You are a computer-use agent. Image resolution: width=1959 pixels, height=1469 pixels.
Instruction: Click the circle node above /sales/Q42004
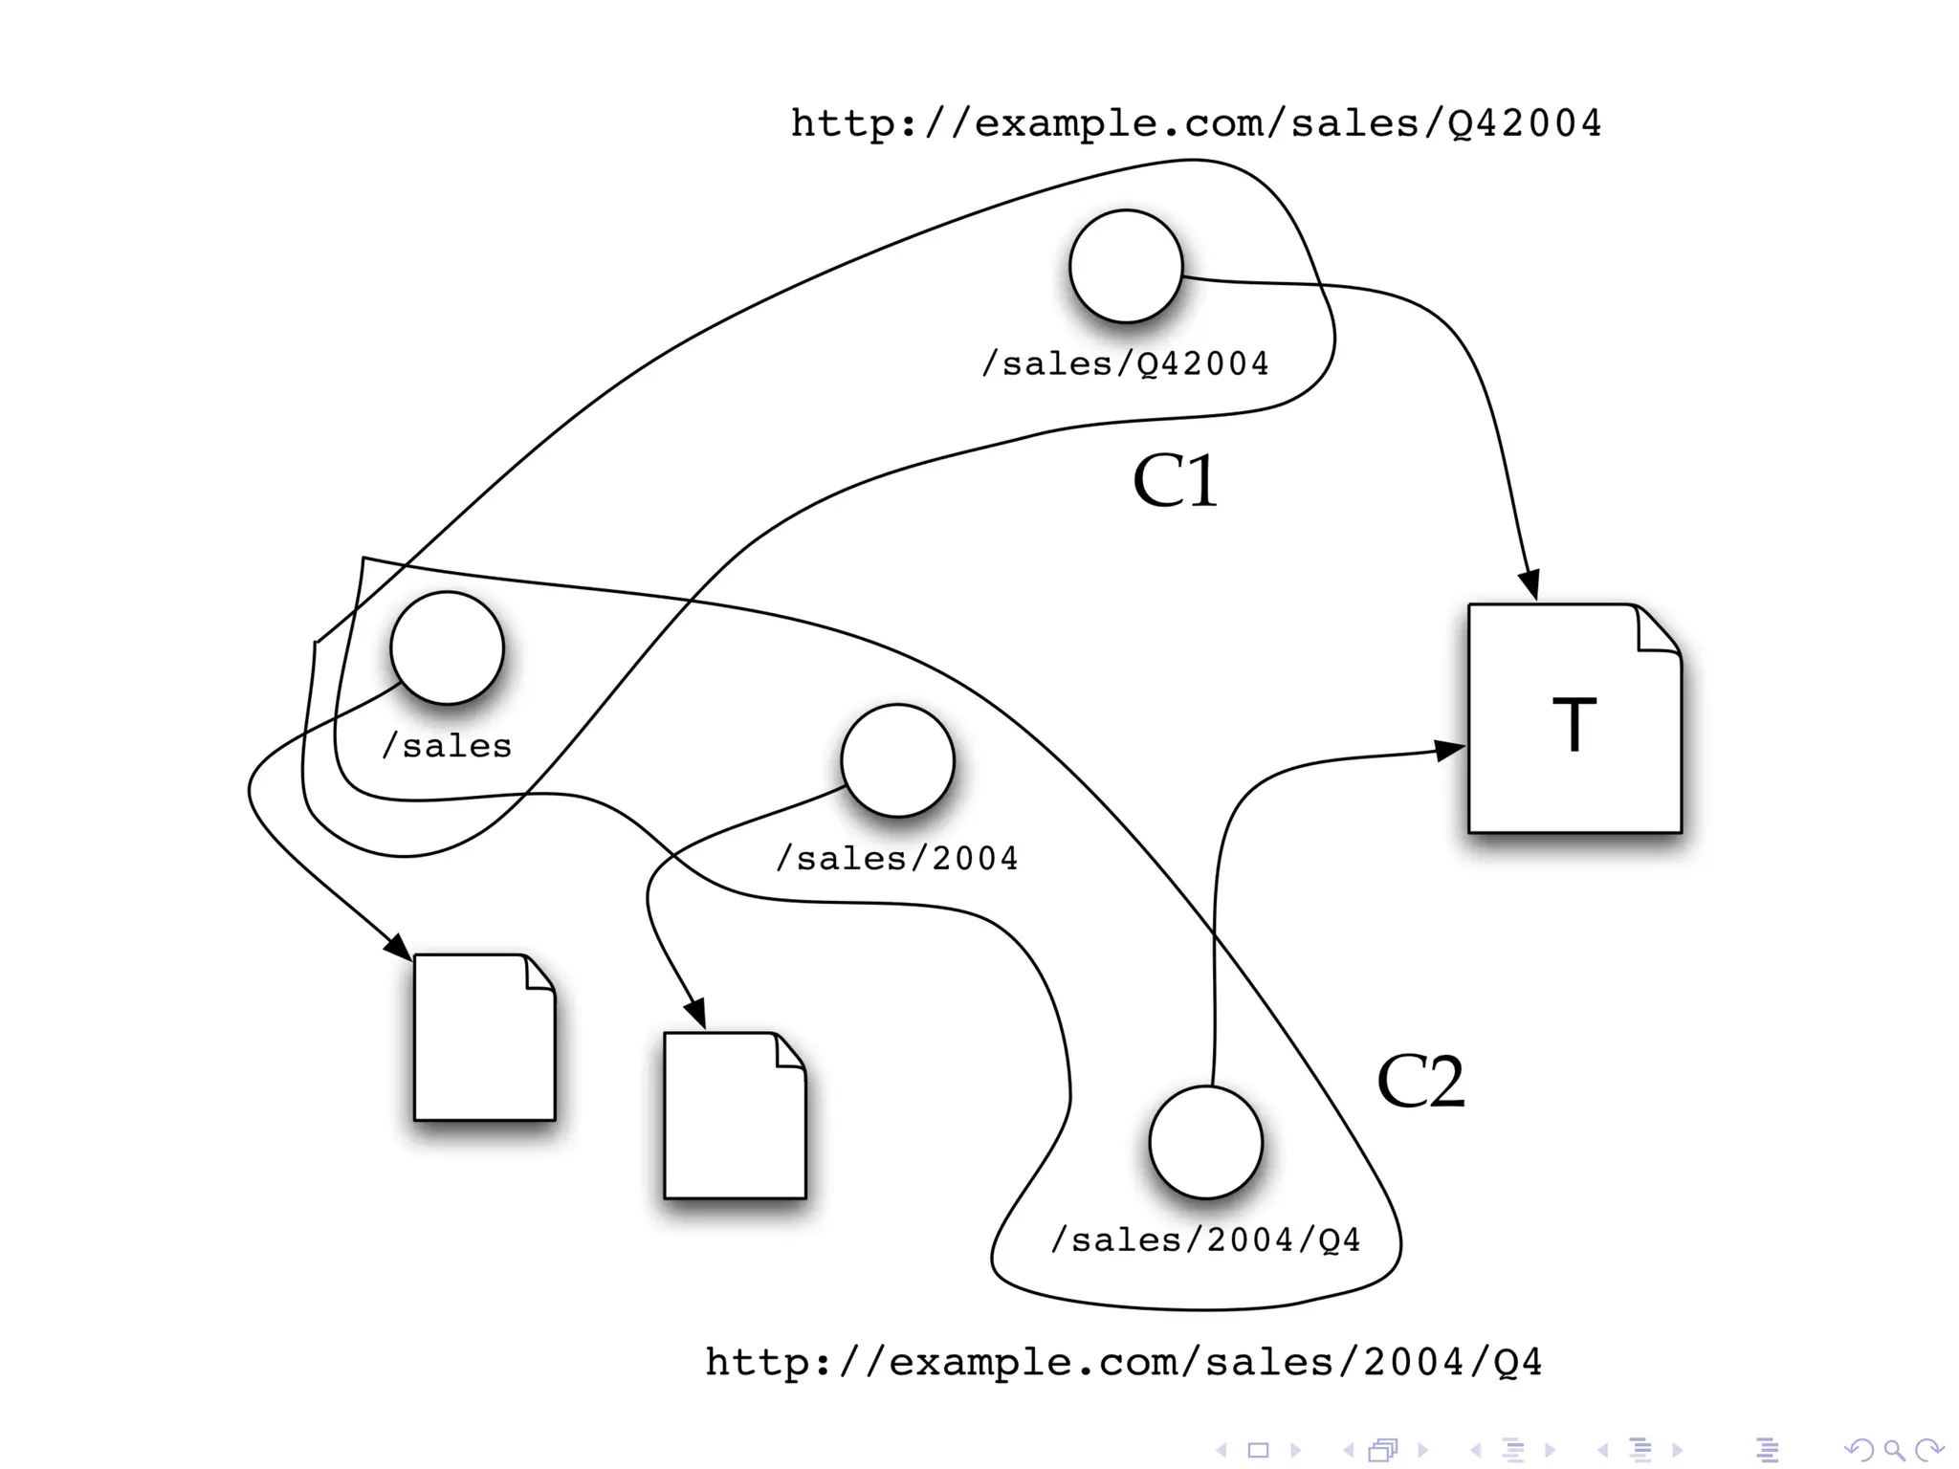[1126, 267]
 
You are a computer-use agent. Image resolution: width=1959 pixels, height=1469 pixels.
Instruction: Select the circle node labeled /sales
[447, 647]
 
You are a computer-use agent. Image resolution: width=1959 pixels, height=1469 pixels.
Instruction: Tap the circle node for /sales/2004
[897, 760]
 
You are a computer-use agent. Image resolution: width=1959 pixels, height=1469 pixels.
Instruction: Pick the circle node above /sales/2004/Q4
[1205, 1142]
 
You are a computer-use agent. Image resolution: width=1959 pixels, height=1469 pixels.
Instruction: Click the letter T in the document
[1574, 724]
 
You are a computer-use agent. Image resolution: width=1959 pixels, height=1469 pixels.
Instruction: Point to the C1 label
[1175, 481]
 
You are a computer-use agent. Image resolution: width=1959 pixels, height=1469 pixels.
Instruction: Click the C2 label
[1420, 1082]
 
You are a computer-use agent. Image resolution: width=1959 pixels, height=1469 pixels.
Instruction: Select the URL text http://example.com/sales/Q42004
[1196, 123]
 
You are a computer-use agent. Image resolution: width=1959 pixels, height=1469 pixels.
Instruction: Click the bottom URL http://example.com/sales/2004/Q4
[1124, 1362]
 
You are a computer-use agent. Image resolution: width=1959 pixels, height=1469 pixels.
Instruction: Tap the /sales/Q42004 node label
[1126, 364]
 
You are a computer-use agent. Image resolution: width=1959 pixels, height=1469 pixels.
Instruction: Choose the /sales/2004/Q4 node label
[1205, 1240]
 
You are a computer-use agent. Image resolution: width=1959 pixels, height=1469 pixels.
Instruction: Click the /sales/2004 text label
[897, 859]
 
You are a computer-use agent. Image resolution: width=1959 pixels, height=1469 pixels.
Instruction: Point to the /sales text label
[447, 746]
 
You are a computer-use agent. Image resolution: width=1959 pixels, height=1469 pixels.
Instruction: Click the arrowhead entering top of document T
[1530, 585]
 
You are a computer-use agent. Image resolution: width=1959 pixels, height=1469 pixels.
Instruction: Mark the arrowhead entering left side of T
[1450, 751]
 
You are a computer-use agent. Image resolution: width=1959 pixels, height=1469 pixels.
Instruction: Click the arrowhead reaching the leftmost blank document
[397, 946]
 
